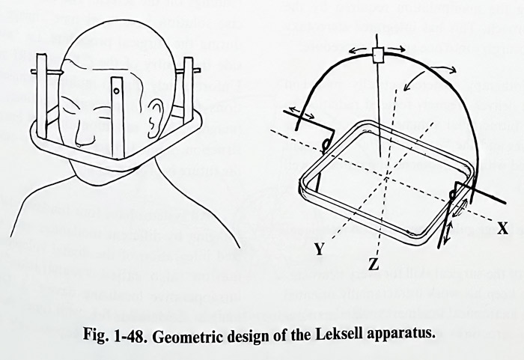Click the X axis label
click(x=502, y=229)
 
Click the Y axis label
click(x=320, y=249)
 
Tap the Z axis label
click(x=374, y=265)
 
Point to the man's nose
click(x=81, y=138)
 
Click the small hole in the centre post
click(x=117, y=91)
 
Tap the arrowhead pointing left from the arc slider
click(x=352, y=50)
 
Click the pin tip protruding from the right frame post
click(x=197, y=70)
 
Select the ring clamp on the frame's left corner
click(x=324, y=145)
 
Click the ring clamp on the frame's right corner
click(x=453, y=194)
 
